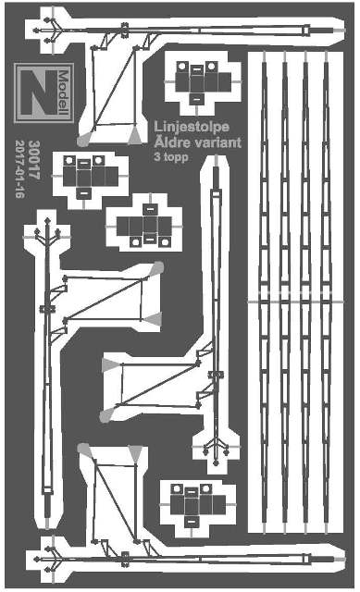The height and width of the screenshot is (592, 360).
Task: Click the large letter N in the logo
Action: pos(39,92)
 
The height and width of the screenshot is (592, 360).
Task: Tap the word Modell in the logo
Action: pos(64,92)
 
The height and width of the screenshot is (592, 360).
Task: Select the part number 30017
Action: pos(34,160)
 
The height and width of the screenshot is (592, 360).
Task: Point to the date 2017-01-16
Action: pos(19,169)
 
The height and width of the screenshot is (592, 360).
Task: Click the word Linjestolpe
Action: pos(192,127)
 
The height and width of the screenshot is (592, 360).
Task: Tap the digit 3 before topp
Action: pos(157,156)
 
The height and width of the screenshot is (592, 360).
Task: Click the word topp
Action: pos(175,157)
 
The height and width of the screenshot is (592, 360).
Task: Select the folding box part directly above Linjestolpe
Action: pos(203,82)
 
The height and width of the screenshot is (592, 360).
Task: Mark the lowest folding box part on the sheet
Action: pos(198,505)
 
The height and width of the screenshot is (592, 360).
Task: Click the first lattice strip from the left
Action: pos(264,291)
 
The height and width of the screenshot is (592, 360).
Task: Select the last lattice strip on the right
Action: pos(326,291)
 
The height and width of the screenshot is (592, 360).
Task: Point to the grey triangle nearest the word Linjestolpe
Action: pos(134,136)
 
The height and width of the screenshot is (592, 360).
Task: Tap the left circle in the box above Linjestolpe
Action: pos(181,67)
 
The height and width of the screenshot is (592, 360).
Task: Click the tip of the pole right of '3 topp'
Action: pos(216,155)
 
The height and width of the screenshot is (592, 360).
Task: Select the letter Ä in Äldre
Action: pos(159,142)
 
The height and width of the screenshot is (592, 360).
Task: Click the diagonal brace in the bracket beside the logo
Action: pos(114,86)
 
